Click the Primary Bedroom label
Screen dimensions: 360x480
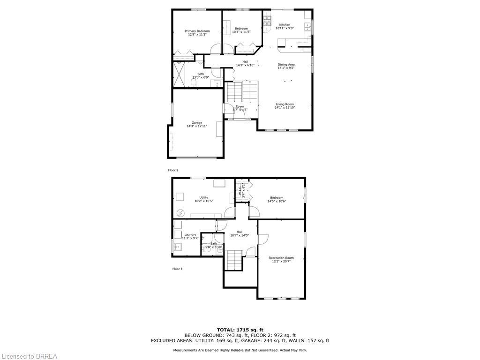click(197, 31)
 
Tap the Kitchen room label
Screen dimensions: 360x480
click(285, 25)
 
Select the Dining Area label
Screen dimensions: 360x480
click(286, 65)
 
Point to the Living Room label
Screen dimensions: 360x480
click(285, 104)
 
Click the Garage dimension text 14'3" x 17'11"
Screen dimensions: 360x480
click(197, 126)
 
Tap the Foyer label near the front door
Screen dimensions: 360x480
click(240, 106)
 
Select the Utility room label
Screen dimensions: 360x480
click(204, 197)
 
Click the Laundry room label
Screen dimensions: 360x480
click(190, 234)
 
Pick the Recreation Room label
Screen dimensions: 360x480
click(281, 258)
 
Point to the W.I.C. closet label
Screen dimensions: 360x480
click(240, 190)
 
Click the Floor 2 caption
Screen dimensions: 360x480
click(173, 170)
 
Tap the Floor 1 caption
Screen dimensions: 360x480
click(177, 269)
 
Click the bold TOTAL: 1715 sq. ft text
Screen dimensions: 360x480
click(240, 330)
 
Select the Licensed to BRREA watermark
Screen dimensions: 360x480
click(29, 356)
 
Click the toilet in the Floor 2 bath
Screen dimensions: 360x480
click(193, 83)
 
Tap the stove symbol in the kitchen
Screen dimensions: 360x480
click(267, 20)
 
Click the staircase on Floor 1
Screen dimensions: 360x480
click(234, 260)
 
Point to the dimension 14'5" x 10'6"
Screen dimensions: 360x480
click(277, 201)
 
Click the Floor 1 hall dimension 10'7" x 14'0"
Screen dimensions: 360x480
click(240, 235)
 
